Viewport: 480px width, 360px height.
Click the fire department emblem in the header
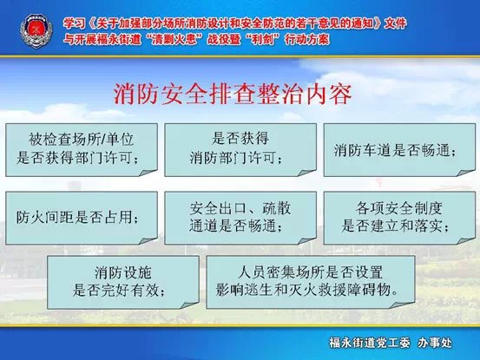point(36,31)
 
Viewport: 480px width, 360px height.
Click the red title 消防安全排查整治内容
point(233,94)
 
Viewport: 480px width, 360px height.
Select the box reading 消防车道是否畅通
point(399,150)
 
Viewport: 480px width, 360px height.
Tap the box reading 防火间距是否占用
point(82,218)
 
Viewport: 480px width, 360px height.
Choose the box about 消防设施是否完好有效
point(123,282)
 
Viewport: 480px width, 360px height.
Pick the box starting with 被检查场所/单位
point(82,150)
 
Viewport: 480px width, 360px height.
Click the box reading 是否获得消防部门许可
point(240,150)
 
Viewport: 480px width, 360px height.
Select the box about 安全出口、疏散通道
point(240,218)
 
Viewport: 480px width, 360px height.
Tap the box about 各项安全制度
point(399,218)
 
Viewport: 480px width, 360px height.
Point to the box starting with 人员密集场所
point(311,282)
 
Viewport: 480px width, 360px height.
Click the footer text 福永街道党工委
point(369,343)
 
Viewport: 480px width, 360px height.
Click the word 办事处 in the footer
point(435,343)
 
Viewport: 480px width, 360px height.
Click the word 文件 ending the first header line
point(395,23)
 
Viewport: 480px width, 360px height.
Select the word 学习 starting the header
point(75,23)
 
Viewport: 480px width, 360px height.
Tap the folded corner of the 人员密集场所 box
point(404,304)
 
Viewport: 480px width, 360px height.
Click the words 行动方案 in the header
point(307,39)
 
